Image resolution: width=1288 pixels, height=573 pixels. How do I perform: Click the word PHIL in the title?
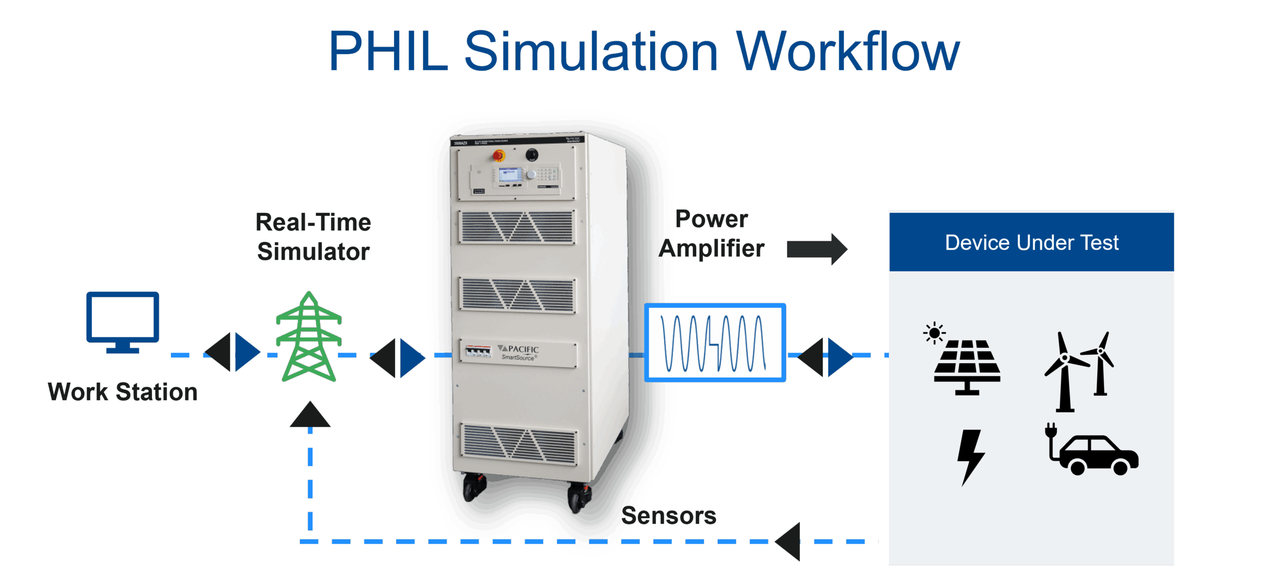388,51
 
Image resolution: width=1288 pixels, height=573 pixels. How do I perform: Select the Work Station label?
122,392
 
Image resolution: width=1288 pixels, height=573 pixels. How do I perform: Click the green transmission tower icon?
309,337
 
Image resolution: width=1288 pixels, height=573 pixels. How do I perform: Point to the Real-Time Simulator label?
313,237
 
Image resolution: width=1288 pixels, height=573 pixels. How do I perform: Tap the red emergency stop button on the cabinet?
499,156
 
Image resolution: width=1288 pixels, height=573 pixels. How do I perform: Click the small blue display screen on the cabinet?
510,175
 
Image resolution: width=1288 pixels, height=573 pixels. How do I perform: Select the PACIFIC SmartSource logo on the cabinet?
518,352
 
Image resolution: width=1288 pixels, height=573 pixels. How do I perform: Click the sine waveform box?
714,343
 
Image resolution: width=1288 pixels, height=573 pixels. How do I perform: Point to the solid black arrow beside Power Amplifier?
817,249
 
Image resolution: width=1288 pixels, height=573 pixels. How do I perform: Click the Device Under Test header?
1031,243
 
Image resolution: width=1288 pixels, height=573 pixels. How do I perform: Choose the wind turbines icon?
1079,370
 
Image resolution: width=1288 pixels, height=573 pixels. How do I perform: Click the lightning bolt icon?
971,456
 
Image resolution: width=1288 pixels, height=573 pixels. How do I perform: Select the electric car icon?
1093,451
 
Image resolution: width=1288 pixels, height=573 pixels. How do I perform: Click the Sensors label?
669,516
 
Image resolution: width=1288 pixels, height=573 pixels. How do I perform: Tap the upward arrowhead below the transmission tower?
310,415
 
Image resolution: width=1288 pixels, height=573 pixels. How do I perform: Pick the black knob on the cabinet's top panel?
532,155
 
